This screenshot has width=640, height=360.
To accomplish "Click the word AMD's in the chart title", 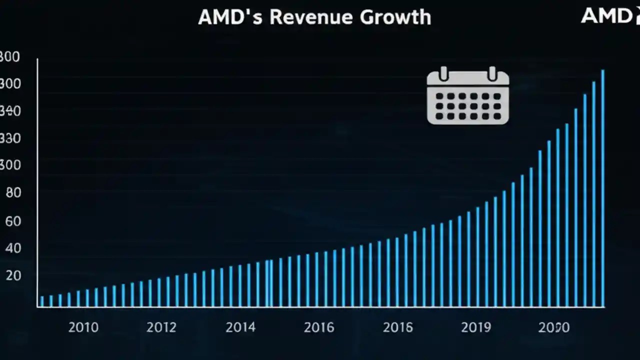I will [229, 17].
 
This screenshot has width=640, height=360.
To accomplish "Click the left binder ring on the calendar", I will [443, 74].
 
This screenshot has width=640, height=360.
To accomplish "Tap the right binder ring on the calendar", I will [492, 74].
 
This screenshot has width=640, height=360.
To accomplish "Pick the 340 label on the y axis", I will [10, 111].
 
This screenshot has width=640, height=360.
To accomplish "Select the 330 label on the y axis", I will [10, 138].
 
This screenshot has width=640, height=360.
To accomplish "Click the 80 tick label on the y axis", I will [13, 193].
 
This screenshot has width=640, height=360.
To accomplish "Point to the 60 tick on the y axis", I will [13, 220].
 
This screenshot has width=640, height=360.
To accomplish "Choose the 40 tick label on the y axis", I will [13, 248].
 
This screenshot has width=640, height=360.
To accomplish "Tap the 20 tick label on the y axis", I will [13, 275].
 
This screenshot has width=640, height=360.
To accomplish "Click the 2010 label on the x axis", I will [83, 327].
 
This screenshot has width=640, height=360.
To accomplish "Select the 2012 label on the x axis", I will [161, 327].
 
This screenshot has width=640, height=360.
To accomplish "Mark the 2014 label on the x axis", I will [240, 327].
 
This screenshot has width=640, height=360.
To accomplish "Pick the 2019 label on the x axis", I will [476, 327].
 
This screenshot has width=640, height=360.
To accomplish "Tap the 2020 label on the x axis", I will [554, 327].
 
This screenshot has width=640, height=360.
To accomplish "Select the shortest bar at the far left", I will [42, 301].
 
